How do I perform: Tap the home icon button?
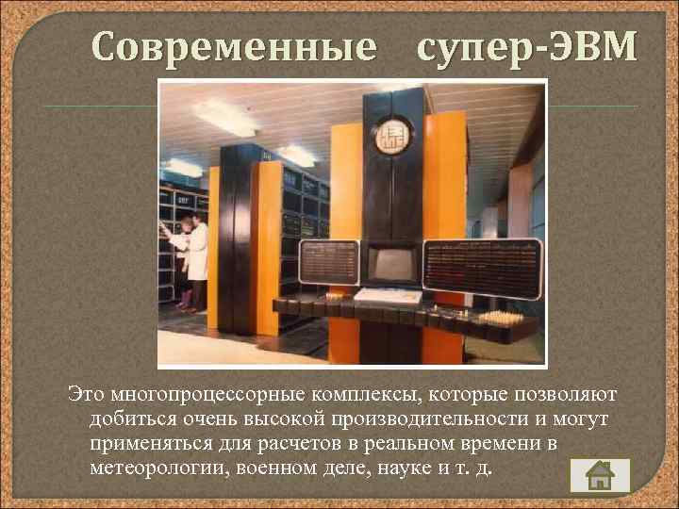[x=599, y=475]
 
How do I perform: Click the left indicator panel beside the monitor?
[x=328, y=262]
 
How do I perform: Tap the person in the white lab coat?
[x=196, y=255]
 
